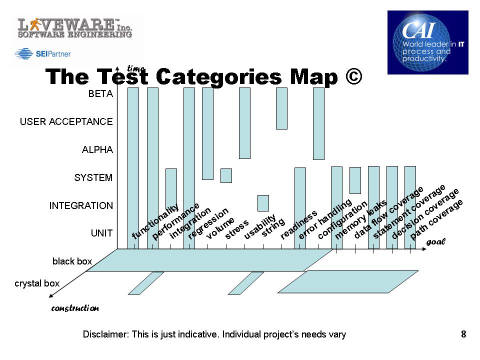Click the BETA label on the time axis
tap(100, 93)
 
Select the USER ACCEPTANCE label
tap(66, 121)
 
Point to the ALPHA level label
tap(97, 149)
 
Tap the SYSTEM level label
tap(93, 177)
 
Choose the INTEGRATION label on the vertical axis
tap(81, 205)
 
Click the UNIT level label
tap(101, 233)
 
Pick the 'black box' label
tap(72, 261)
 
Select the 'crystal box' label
tap(37, 283)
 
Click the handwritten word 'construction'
tap(75, 308)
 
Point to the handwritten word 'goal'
tap(436, 242)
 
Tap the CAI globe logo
tap(427, 42)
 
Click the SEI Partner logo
tap(42, 54)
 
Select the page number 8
tap(463, 334)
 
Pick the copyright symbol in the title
tap(353, 76)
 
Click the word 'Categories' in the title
tap(218, 77)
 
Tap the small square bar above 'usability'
tap(263, 203)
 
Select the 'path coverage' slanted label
tap(436, 219)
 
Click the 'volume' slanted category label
tap(220, 228)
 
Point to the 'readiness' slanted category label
tap(299, 224)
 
